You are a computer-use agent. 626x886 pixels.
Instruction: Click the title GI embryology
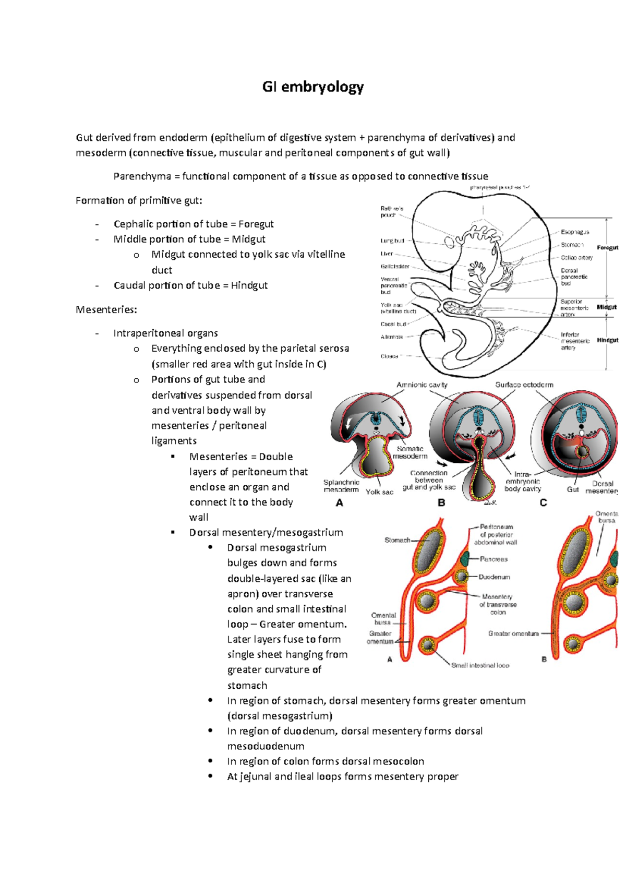click(312, 87)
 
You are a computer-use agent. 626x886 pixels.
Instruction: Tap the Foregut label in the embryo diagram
click(607, 248)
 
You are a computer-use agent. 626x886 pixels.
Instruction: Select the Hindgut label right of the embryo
click(607, 340)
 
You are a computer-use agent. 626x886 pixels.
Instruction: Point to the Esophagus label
click(575, 232)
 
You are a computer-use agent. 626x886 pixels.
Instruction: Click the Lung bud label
click(392, 241)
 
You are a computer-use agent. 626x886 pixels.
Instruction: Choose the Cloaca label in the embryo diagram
click(389, 356)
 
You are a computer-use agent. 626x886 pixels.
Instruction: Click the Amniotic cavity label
click(422, 385)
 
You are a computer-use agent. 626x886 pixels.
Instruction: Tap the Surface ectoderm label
click(524, 385)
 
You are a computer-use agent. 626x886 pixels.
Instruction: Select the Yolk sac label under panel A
click(379, 492)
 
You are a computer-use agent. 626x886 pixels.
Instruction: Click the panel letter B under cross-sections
click(441, 503)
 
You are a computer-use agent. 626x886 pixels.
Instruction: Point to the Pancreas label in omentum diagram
click(493, 559)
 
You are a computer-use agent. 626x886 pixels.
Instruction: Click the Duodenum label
click(494, 577)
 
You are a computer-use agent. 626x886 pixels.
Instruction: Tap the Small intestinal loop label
click(480, 665)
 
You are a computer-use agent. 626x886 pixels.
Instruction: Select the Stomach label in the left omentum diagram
click(397, 540)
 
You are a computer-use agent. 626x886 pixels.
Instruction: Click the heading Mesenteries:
click(106, 309)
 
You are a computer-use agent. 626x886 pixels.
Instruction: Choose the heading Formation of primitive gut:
click(139, 200)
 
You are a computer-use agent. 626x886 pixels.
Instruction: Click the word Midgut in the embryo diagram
click(607, 307)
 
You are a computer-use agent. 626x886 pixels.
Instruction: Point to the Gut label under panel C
click(573, 489)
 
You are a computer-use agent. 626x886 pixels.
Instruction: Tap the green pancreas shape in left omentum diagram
click(466, 558)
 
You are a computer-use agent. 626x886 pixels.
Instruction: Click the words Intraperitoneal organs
click(165, 333)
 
